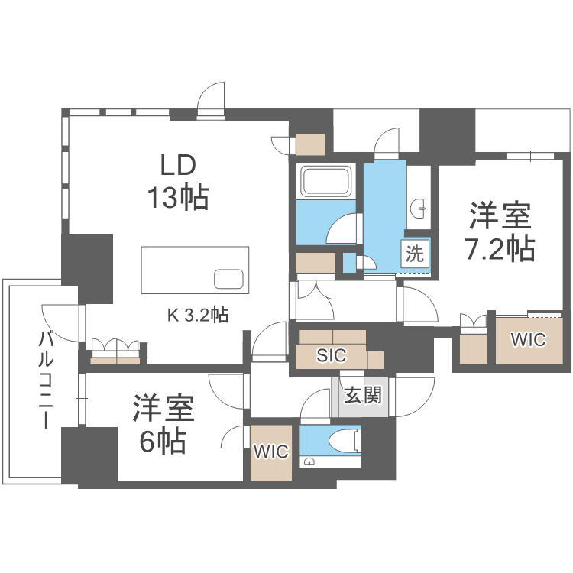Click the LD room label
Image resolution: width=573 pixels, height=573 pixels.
(x=178, y=165)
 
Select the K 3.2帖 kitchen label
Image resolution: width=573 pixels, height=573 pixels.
(x=198, y=314)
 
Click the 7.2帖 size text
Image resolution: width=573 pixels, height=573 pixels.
(x=500, y=248)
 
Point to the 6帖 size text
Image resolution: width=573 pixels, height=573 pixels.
(x=163, y=440)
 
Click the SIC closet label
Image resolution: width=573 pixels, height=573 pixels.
(x=332, y=355)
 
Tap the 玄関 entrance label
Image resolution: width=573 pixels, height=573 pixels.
(x=363, y=395)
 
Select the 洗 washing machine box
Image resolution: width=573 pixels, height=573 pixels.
(x=415, y=252)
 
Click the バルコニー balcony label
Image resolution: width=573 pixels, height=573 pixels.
(x=46, y=379)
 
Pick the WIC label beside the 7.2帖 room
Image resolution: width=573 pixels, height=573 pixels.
(x=529, y=340)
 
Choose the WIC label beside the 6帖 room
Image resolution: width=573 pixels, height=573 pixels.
(x=270, y=452)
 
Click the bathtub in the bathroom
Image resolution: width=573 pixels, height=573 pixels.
(x=326, y=180)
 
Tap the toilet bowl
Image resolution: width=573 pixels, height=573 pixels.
(x=345, y=442)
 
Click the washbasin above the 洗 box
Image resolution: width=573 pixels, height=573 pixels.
(x=418, y=209)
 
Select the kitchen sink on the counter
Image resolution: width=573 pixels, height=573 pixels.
(x=228, y=279)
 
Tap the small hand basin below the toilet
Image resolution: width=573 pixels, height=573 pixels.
(x=309, y=461)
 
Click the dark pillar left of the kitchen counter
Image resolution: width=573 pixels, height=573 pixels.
(x=87, y=269)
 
